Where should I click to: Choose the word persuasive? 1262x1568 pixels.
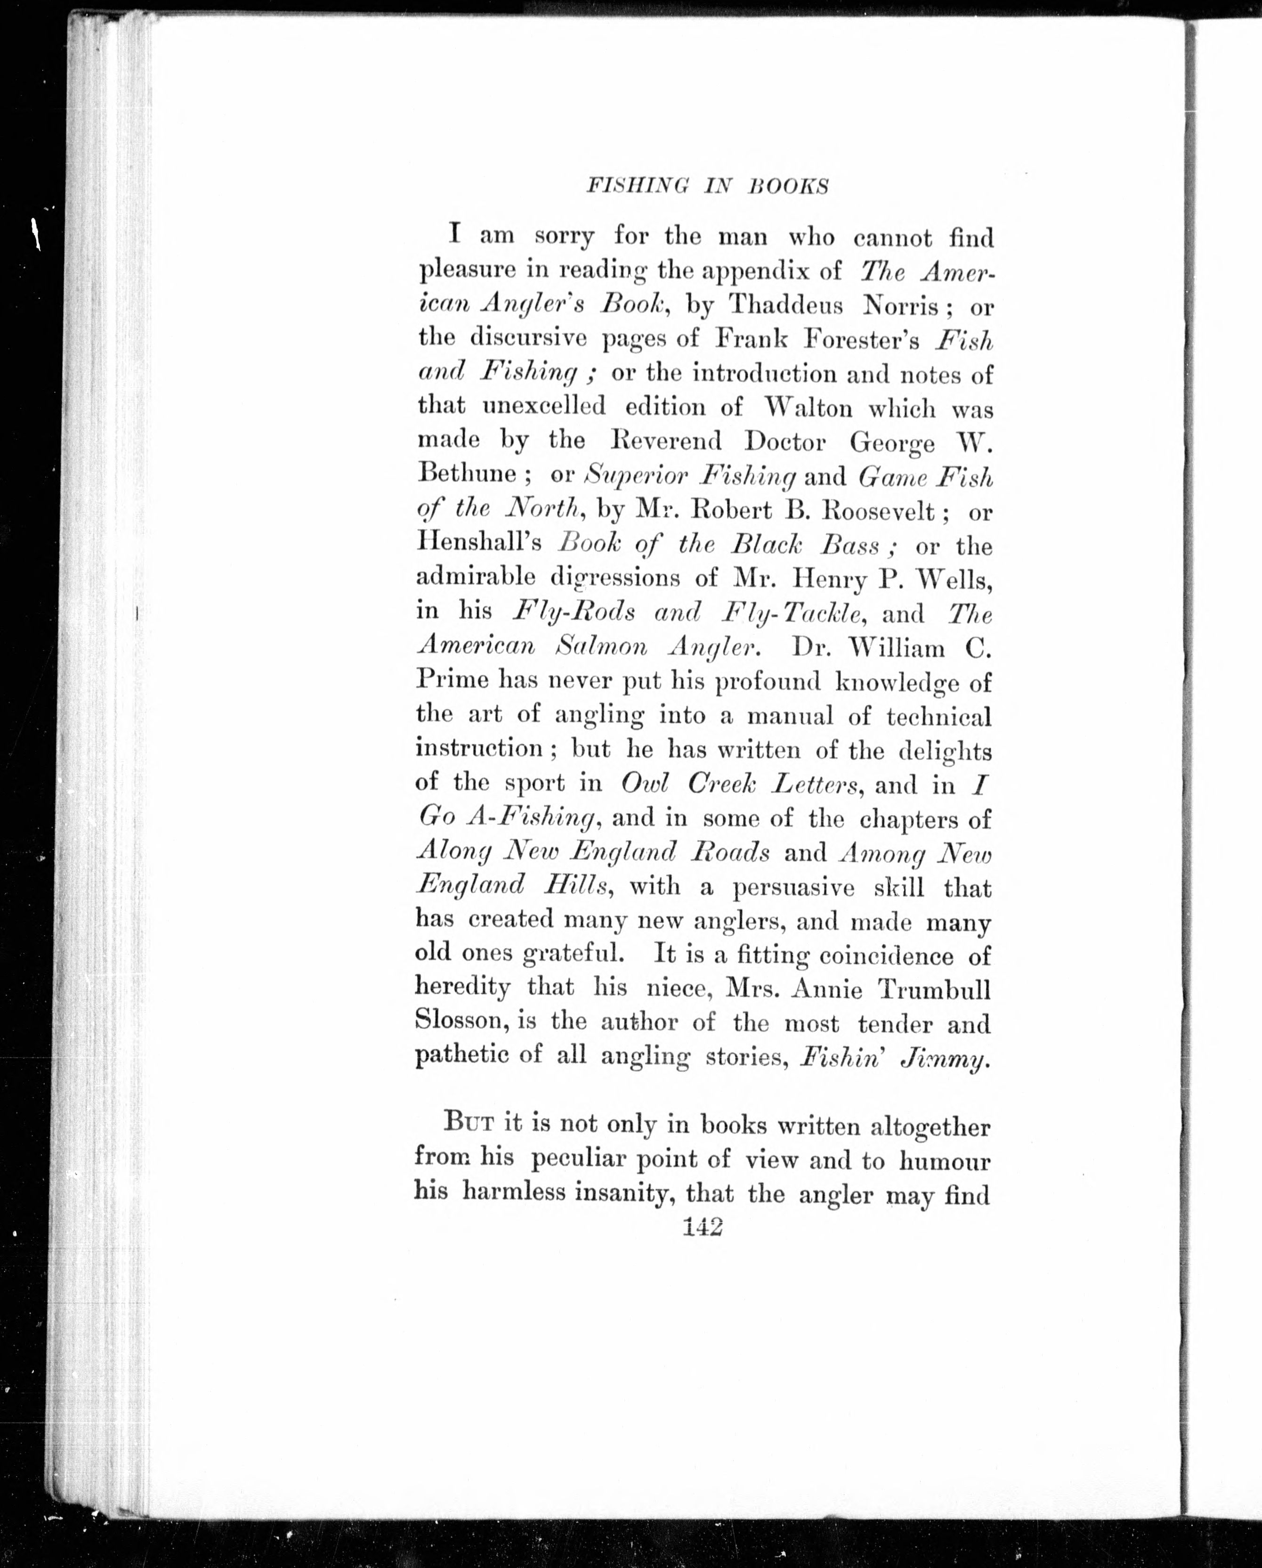click(x=793, y=887)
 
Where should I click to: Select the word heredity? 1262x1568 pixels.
click(x=462, y=988)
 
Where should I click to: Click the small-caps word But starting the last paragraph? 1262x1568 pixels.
click(x=469, y=1123)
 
